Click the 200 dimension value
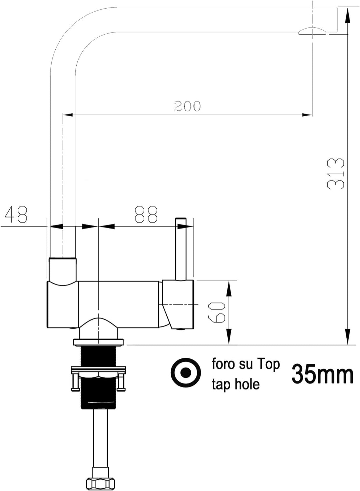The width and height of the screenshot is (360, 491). point(187,106)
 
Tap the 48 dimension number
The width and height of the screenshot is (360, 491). point(16,214)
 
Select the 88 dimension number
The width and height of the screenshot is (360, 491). point(146,214)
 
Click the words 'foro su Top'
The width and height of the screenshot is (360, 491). point(246,364)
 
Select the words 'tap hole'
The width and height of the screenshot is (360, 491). point(236,384)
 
